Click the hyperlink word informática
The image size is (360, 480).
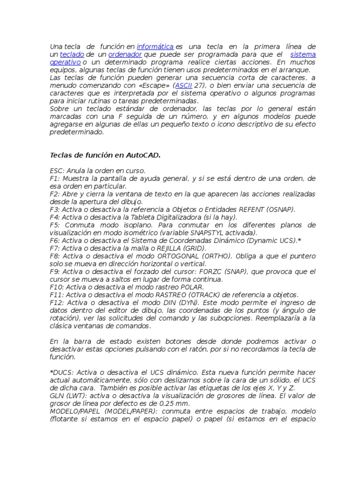(x=155, y=46)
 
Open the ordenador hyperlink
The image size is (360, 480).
(x=125, y=54)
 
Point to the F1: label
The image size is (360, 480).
(x=55, y=179)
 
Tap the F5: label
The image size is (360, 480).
(x=55, y=225)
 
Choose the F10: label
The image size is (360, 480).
(x=57, y=287)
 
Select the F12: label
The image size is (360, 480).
(x=57, y=302)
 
